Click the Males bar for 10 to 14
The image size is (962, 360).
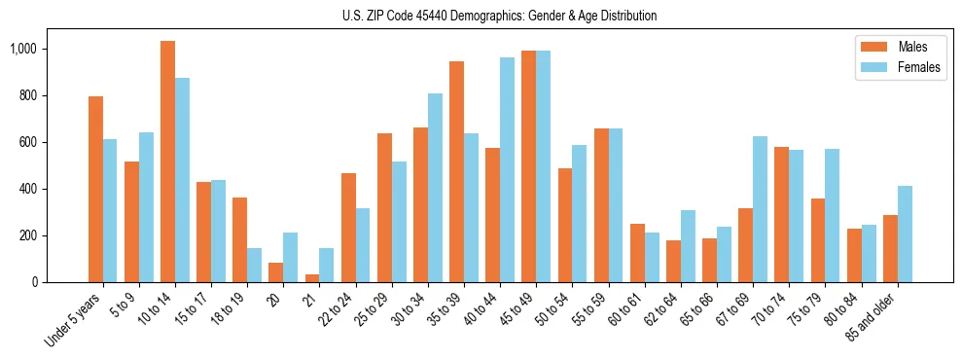point(167,162)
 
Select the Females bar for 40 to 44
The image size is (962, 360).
point(507,170)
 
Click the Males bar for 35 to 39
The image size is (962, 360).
point(456,172)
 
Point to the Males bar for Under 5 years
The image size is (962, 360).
point(95,190)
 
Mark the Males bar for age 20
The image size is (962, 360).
point(276,272)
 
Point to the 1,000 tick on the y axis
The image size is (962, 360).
point(44,49)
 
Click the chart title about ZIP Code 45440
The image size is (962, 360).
point(499,17)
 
